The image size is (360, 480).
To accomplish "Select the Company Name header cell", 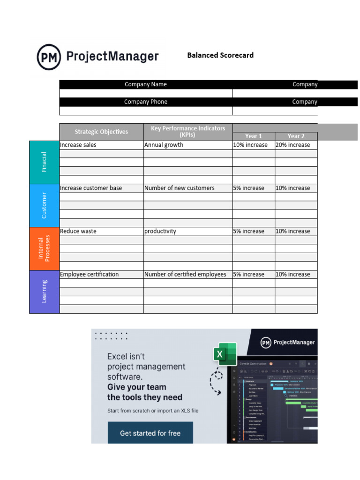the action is tap(146, 84).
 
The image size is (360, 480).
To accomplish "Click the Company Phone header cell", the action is tap(146, 102).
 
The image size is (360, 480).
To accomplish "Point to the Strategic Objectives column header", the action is tap(101, 132).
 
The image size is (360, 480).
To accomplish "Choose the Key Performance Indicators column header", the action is tap(188, 131).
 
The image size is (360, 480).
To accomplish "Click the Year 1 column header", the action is tap(254, 136).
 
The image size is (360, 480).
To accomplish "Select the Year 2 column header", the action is tap(296, 136).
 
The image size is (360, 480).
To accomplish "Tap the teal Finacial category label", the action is tap(45, 162).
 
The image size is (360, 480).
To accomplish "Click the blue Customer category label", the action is tap(45, 205).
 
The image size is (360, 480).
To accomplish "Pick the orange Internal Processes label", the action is tap(45, 248).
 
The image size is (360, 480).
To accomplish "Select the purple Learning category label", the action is tap(45, 292).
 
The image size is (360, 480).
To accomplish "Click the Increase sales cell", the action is tap(101, 145).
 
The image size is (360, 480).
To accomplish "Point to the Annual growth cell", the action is tap(188, 145).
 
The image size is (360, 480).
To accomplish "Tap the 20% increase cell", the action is tap(296, 145).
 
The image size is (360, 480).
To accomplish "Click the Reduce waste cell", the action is tap(101, 231).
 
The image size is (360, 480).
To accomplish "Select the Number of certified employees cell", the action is tap(188, 274).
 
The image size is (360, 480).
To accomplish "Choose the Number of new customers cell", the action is tap(188, 188).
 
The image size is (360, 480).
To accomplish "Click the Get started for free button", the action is tap(150, 433).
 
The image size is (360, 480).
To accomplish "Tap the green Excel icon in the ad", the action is tap(225, 354).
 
